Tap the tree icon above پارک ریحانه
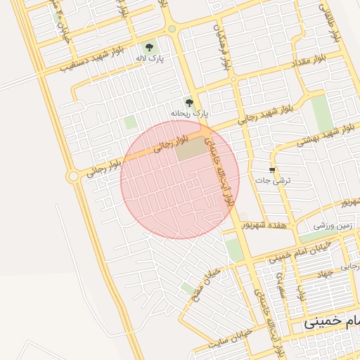click(x=188, y=103)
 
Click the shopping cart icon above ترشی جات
click(x=272, y=170)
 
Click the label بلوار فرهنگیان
click(x=227, y=53)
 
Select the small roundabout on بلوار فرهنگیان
click(x=172, y=30)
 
